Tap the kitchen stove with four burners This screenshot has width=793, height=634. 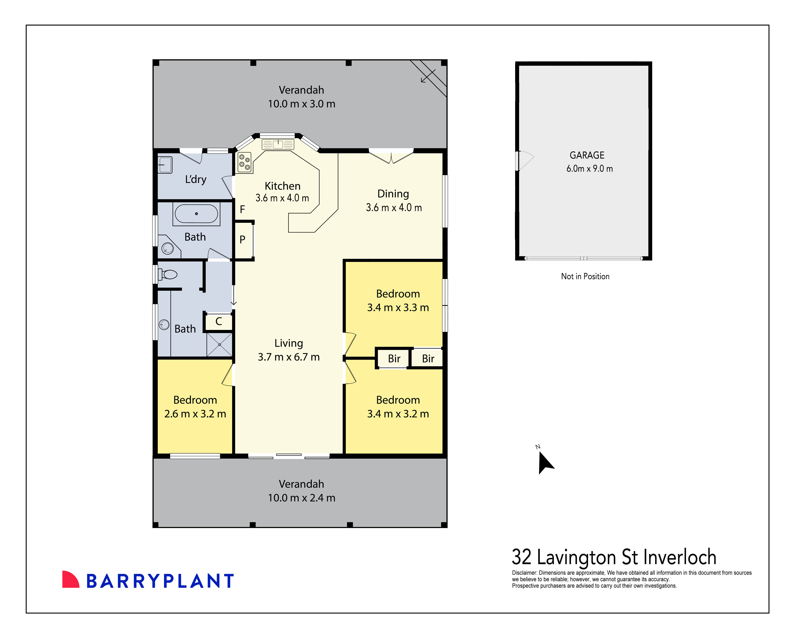244,162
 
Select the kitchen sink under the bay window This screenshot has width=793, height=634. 278,144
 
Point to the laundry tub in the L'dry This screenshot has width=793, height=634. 165,165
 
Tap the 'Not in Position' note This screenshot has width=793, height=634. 585,276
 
